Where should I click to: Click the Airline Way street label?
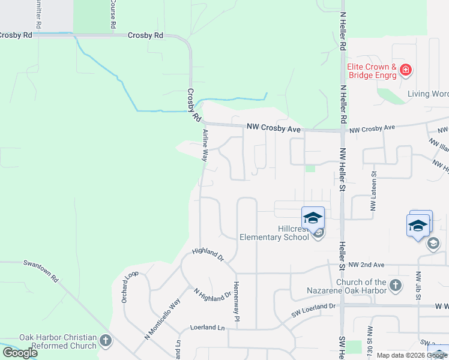click(x=205, y=145)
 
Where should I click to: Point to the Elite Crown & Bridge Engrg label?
click(x=372, y=71)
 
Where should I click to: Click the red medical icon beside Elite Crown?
click(x=406, y=70)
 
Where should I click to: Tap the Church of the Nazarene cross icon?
click(x=396, y=285)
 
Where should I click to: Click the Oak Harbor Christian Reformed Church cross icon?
click(x=105, y=341)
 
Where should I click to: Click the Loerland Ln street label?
click(x=207, y=328)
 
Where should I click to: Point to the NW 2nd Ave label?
click(x=366, y=264)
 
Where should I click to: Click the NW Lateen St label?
click(x=373, y=193)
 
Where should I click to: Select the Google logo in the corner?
click(x=20, y=353)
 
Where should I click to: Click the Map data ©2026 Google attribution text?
click(x=412, y=355)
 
